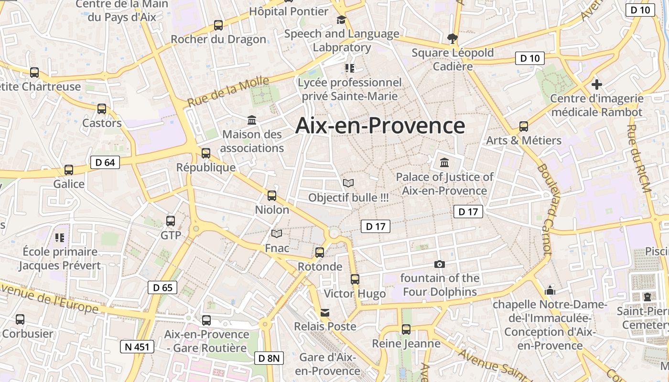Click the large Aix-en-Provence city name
[380, 126]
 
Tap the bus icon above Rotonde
[320, 252]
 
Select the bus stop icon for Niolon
[272, 195]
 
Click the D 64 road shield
[105, 162]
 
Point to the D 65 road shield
[162, 287]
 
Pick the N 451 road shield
[137, 347]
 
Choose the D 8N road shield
[269, 358]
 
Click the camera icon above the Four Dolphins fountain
[440, 264]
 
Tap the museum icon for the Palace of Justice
[445, 162]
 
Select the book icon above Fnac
[277, 233]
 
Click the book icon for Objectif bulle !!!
[348, 183]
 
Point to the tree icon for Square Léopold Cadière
[452, 38]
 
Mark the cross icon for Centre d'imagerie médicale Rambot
[596, 85]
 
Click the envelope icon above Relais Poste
[325, 312]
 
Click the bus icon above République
[206, 153]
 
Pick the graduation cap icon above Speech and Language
[341, 20]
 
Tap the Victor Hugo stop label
[355, 294]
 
